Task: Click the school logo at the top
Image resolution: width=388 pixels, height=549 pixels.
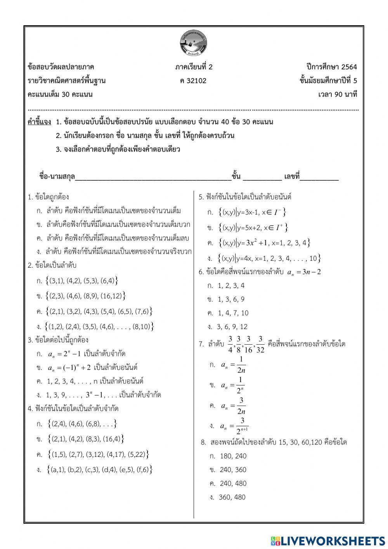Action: tap(194, 42)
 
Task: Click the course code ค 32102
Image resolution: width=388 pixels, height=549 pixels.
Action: tap(194, 81)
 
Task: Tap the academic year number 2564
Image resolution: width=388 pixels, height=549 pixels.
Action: tap(349, 66)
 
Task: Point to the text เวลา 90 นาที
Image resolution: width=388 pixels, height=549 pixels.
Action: tap(337, 94)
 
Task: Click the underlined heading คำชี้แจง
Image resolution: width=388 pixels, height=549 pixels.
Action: tap(39, 122)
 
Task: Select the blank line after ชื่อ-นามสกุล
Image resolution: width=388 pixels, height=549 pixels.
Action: tap(153, 177)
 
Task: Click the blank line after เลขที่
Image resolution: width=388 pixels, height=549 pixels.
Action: tap(319, 177)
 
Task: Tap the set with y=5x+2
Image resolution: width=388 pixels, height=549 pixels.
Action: tap(253, 227)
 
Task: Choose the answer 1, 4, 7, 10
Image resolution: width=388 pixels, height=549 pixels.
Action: tap(233, 313)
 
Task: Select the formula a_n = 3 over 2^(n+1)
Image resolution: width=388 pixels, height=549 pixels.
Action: tap(235, 426)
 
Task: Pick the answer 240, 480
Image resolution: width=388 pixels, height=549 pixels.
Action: tap(233, 484)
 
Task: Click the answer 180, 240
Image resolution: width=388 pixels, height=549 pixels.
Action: tap(233, 456)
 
